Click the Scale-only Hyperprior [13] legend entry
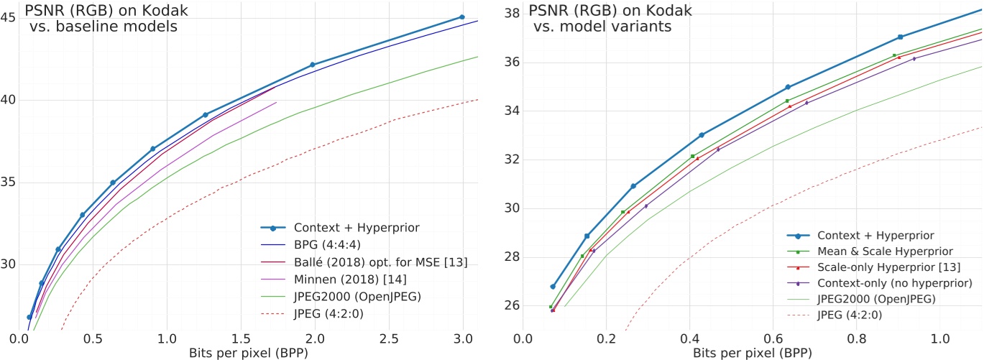(885, 267)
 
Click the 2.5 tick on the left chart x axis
(390, 338)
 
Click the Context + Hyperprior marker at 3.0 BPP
(461, 17)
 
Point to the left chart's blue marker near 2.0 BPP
(313, 65)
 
